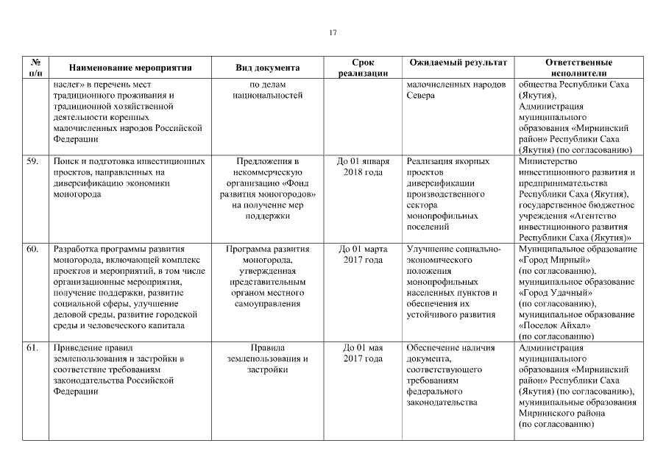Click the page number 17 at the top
tap(333, 33)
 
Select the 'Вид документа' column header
tap(267, 68)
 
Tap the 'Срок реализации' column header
tap(363, 68)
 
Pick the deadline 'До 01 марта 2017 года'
tap(363, 255)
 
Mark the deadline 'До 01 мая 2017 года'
tap(363, 353)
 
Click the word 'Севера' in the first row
tap(420, 96)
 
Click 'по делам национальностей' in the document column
tap(267, 91)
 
